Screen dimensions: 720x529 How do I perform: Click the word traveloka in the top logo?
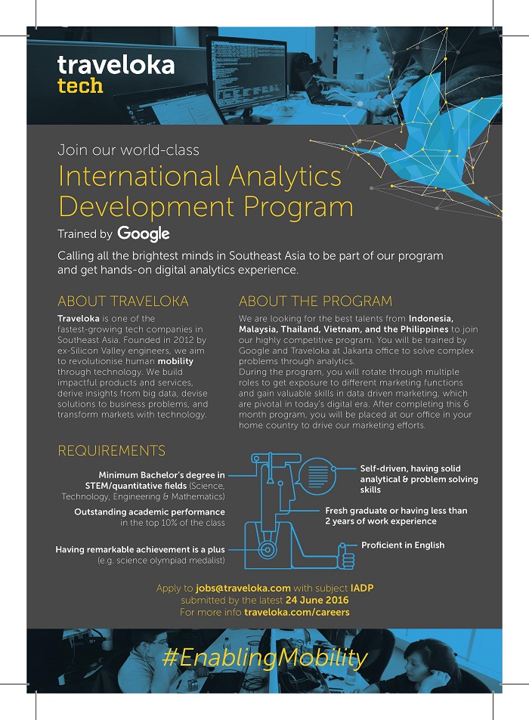click(x=116, y=65)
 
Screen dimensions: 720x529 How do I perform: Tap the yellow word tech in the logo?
click(x=80, y=85)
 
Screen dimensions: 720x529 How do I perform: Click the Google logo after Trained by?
click(x=144, y=233)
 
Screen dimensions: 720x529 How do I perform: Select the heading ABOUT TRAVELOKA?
click(x=123, y=301)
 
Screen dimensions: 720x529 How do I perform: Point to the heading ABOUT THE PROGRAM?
click(x=315, y=301)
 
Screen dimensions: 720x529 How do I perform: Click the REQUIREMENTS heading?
click(x=111, y=451)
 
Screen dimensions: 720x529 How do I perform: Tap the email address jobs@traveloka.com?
click(x=243, y=588)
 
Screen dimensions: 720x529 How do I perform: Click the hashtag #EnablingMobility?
click(x=264, y=657)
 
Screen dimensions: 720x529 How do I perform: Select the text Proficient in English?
click(x=402, y=545)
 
